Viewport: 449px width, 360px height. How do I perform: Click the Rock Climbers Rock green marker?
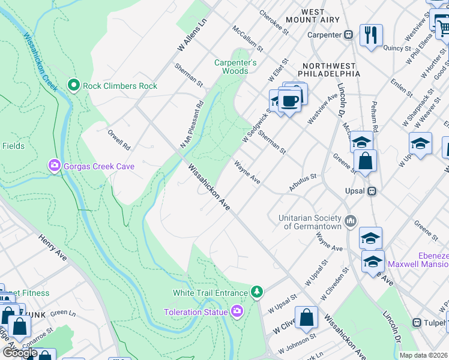pyautogui.click(x=74, y=86)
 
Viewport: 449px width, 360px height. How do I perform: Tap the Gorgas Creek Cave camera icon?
pyautogui.click(x=55, y=165)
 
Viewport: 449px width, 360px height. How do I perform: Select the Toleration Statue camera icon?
pyautogui.click(x=237, y=311)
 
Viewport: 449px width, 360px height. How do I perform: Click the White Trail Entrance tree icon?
pyautogui.click(x=257, y=292)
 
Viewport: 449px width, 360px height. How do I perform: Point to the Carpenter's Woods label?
pyautogui.click(x=236, y=67)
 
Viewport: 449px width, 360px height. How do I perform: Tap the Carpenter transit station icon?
pyautogui.click(x=348, y=35)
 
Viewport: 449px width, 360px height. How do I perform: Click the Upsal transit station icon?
pyautogui.click(x=372, y=191)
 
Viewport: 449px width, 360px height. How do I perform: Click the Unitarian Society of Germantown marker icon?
pyautogui.click(x=351, y=222)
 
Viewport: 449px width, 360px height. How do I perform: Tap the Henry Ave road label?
pyautogui.click(x=53, y=247)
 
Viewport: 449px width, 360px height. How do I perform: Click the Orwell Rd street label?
pyautogui.click(x=119, y=139)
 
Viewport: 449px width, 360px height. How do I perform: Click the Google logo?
pyautogui.click(x=20, y=353)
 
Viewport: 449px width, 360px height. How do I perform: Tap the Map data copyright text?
pyautogui.click(x=423, y=355)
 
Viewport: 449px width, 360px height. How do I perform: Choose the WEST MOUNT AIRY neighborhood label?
pyautogui.click(x=313, y=16)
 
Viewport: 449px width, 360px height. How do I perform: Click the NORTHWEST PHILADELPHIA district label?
pyautogui.click(x=331, y=70)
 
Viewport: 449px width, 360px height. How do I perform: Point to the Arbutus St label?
pyautogui.click(x=302, y=183)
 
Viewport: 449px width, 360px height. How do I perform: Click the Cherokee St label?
pyautogui.click(x=270, y=21)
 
